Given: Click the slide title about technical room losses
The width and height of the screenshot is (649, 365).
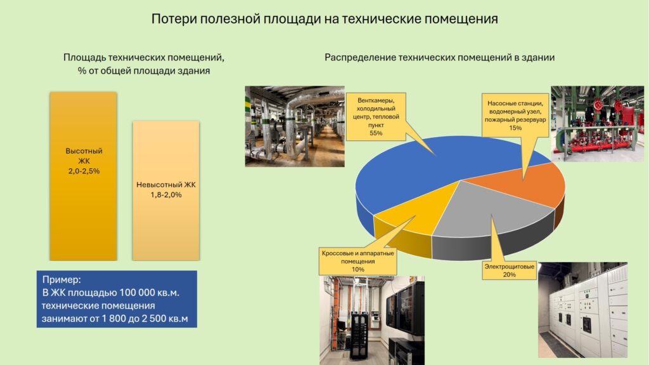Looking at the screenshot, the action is click(x=324, y=19).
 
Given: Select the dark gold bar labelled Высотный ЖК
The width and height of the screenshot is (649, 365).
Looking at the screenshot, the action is click(x=83, y=176).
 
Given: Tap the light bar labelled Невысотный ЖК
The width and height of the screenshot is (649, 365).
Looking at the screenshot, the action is click(x=165, y=191).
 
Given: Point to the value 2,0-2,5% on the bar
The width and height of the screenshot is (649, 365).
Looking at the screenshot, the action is click(x=84, y=171).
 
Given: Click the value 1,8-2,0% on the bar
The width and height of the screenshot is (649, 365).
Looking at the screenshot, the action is click(x=166, y=194).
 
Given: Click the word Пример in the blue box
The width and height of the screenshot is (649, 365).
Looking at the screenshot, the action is click(x=61, y=279).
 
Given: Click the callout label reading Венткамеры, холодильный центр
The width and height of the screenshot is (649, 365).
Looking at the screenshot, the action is click(x=376, y=117).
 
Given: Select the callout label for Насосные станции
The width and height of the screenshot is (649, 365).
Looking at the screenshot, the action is click(x=515, y=116).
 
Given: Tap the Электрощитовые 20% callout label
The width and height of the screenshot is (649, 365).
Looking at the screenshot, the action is click(x=510, y=270).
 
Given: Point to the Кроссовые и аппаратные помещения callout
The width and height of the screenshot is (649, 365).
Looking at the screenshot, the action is click(x=358, y=261).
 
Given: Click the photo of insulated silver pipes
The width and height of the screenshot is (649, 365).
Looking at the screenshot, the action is click(x=295, y=126).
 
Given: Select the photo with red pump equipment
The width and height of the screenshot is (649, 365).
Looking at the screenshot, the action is click(x=597, y=124).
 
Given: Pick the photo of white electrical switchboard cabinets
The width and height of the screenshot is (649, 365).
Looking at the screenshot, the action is click(x=583, y=310).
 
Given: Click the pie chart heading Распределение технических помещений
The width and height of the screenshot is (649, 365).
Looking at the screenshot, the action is click(x=439, y=57).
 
